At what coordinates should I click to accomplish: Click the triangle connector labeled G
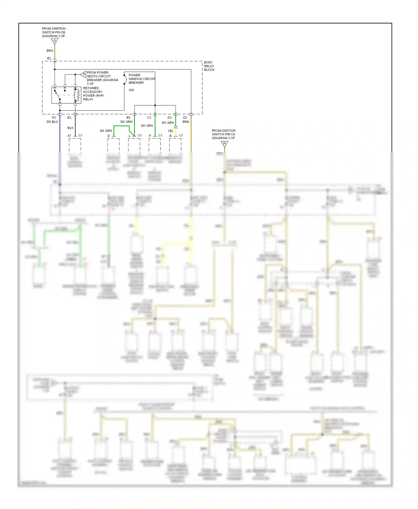click(55, 41)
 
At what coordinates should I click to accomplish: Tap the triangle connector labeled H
click(224, 144)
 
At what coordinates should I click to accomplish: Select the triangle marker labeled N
click(84, 74)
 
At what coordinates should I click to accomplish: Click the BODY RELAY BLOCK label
click(209, 66)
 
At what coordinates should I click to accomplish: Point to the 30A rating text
click(131, 90)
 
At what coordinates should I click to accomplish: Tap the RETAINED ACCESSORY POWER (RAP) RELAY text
click(93, 94)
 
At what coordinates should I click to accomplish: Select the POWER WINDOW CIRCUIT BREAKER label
click(142, 79)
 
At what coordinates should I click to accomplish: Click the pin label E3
click(49, 58)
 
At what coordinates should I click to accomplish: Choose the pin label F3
click(54, 118)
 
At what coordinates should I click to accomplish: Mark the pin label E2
click(69, 118)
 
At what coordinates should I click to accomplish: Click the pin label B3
click(128, 118)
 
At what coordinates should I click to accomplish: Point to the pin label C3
click(149, 118)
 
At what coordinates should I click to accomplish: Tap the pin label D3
click(169, 118)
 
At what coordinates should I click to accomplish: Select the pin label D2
click(185, 118)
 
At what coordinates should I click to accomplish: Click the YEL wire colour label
click(171, 131)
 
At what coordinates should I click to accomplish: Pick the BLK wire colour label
click(71, 128)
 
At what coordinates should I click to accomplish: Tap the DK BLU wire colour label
click(52, 122)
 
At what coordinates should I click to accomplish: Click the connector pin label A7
click(69, 136)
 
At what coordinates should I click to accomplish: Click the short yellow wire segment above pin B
click(176, 132)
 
